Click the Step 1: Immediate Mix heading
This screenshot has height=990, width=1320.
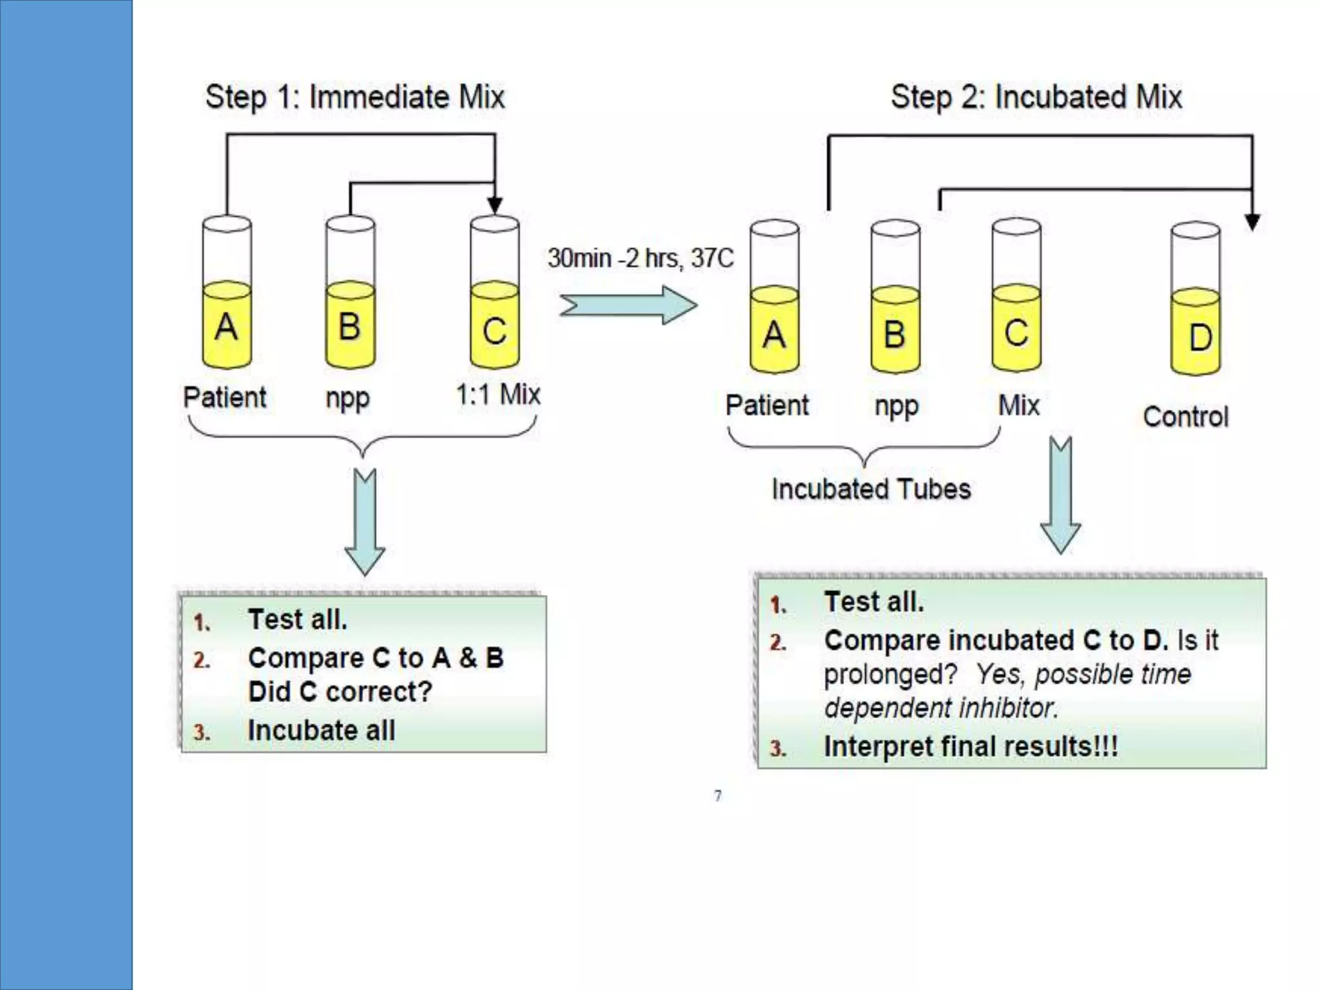354,97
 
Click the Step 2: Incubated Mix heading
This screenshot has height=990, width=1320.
1036,97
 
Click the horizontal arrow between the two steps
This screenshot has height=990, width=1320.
628,306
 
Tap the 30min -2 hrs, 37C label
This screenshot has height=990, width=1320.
641,258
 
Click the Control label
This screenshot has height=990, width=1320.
1185,417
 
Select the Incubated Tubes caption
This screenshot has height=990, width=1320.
871,489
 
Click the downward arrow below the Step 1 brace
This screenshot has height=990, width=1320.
365,522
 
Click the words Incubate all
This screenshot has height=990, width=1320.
321,731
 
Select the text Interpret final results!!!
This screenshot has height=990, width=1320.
971,747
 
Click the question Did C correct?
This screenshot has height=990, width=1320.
340,692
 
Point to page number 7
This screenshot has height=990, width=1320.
718,796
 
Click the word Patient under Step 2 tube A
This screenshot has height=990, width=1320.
767,405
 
